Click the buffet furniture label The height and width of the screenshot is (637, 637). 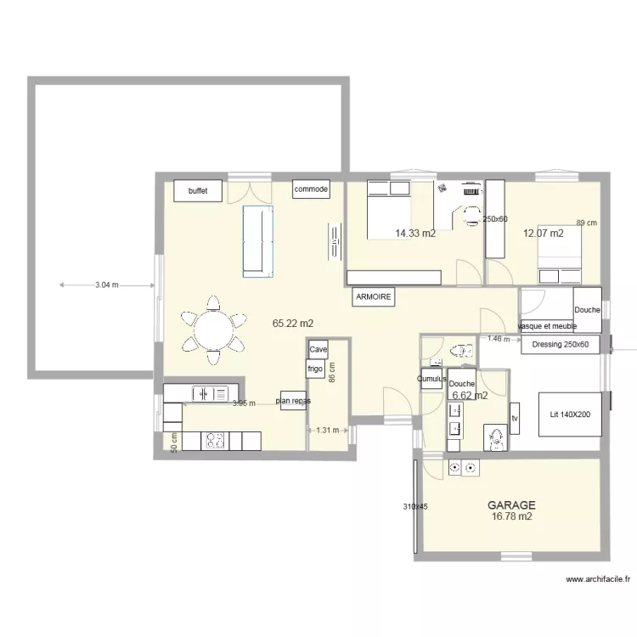pos(198,191)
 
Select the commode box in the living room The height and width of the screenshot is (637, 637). pos(311,190)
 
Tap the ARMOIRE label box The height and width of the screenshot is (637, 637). pos(373,296)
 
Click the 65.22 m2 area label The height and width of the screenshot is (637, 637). pos(293,324)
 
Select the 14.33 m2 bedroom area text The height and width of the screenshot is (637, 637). pos(415,233)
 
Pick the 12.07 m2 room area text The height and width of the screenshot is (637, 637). pos(543,233)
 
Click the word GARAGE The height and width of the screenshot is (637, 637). pos(511,504)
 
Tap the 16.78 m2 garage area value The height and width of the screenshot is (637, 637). pos(511,516)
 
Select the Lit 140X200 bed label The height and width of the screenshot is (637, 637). pos(570,414)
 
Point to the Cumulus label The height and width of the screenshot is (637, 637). pos(432,379)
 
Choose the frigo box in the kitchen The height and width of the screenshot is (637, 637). pos(315,369)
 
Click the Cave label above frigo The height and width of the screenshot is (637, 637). pos(318,349)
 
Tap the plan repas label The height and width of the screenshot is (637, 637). pos(292,400)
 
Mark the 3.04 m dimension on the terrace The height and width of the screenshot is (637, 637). pos(107,285)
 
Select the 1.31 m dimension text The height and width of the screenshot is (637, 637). pos(328,431)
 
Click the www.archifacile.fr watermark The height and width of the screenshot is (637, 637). pos(598,580)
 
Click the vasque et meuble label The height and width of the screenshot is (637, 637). pos(546,325)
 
